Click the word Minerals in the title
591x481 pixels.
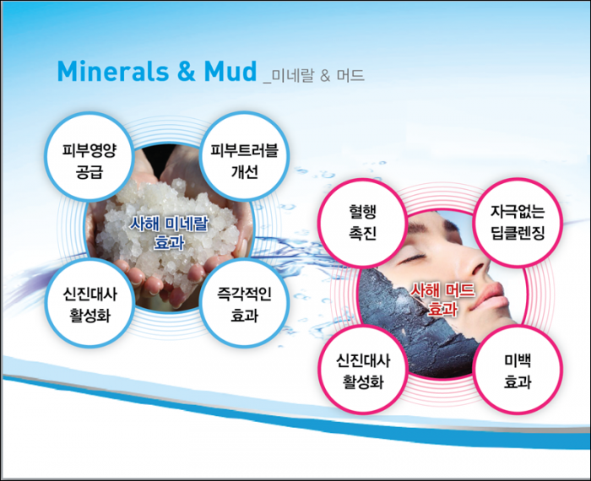(x=113, y=71)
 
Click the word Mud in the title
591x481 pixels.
(x=230, y=71)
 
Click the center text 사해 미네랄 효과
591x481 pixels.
(x=169, y=234)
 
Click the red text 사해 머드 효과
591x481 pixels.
(x=442, y=300)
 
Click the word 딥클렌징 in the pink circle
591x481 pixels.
(x=518, y=233)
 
